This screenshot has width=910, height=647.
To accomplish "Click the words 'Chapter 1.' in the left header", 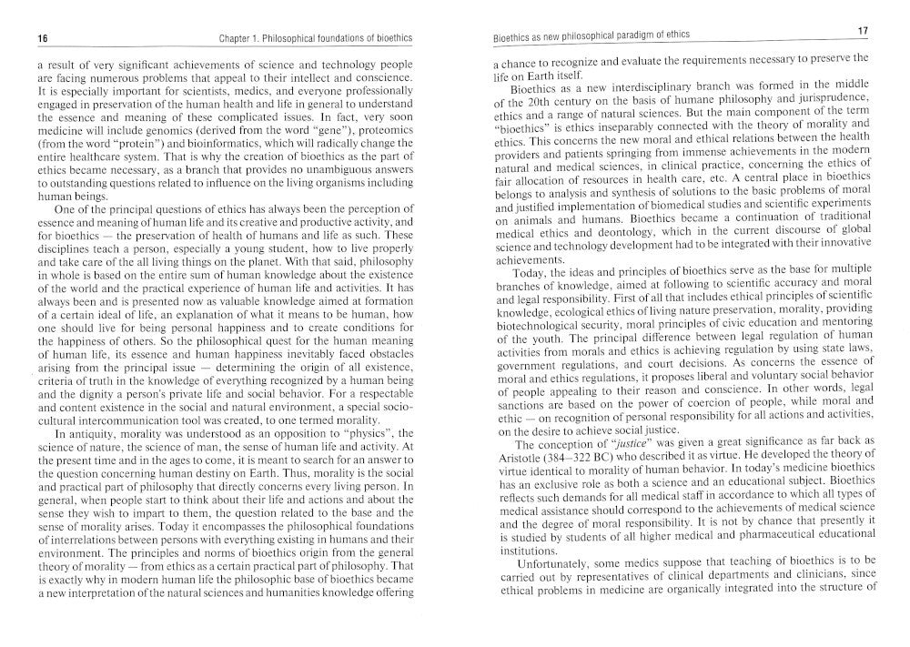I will tap(241, 39).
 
